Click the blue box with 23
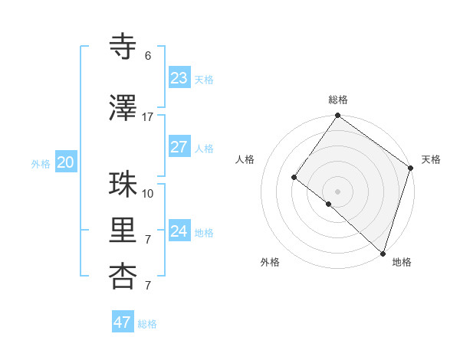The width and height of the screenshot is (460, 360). (x=179, y=78)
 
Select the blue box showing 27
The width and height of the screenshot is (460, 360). (x=179, y=147)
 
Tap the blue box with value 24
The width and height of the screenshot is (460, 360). (x=179, y=231)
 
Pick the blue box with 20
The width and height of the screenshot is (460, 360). (x=66, y=162)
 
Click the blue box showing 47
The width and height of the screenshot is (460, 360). (x=123, y=322)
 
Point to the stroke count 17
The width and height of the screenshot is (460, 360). (x=147, y=116)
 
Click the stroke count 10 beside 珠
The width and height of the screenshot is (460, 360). (x=147, y=193)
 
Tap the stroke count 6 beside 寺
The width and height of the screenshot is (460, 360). (x=147, y=55)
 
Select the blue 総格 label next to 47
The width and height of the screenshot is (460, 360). (x=147, y=324)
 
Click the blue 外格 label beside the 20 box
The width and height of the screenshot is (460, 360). (x=41, y=163)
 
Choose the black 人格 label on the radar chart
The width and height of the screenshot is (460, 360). (x=245, y=159)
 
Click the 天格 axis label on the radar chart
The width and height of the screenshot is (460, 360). (x=431, y=159)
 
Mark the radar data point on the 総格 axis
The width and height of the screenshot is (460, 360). (x=337, y=116)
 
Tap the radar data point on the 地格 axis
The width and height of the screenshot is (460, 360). (x=383, y=253)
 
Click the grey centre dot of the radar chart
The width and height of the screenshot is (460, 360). (x=337, y=191)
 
